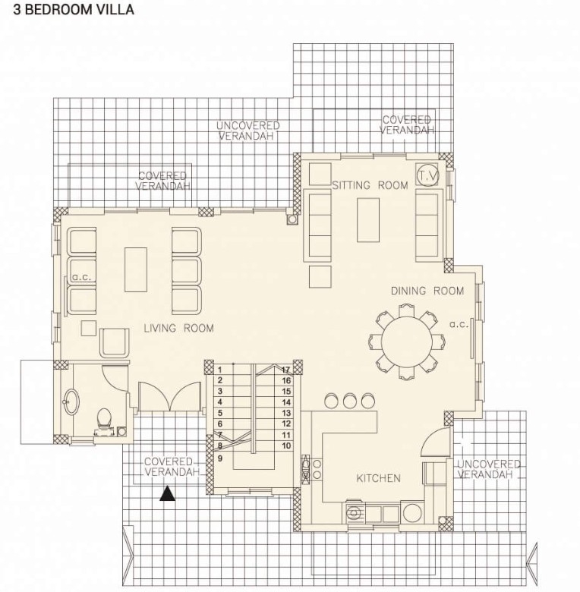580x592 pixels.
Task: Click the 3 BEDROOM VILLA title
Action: [74, 9]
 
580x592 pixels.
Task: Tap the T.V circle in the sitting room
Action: [427, 175]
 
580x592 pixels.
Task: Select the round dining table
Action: [406, 342]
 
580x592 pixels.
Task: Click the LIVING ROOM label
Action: [178, 328]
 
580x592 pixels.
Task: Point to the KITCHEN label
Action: [378, 478]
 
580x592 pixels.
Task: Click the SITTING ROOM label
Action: [370, 185]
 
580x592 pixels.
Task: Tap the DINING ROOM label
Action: [427, 291]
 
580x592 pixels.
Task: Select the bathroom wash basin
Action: [71, 401]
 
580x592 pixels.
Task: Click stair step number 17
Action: [286, 370]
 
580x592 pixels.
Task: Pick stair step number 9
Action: [220, 458]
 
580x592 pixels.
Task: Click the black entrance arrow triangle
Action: [167, 494]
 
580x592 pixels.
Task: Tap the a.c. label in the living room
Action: [81, 277]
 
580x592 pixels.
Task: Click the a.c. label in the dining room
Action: [459, 324]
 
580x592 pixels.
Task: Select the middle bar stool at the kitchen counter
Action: [350, 400]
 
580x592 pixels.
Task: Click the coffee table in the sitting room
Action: [368, 220]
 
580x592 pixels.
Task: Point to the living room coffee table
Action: [136, 269]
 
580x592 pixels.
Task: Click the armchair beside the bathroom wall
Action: [114, 342]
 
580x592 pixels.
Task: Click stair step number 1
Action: [219, 370]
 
